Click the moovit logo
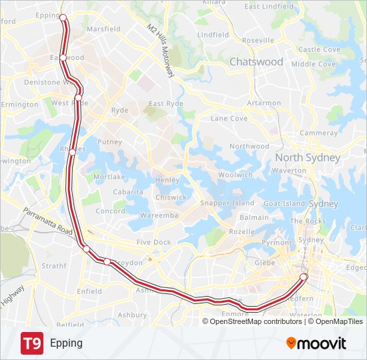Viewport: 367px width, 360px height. point(316,343)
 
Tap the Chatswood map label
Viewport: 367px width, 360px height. point(256,62)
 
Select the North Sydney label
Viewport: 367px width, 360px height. point(308,158)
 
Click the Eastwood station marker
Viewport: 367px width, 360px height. point(63,58)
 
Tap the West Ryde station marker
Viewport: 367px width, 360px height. point(78,98)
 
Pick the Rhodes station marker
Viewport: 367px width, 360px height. point(72,152)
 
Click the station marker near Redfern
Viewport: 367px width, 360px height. point(304,277)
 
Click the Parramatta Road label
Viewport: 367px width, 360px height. point(47,221)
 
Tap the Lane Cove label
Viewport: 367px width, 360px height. point(229,119)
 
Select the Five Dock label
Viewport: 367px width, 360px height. point(153,243)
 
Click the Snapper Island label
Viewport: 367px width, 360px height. point(227,203)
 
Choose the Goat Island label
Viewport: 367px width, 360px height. point(284,203)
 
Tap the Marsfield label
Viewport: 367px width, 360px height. point(103,29)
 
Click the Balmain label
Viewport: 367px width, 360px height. point(254,217)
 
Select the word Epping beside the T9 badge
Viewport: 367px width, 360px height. point(66,343)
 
